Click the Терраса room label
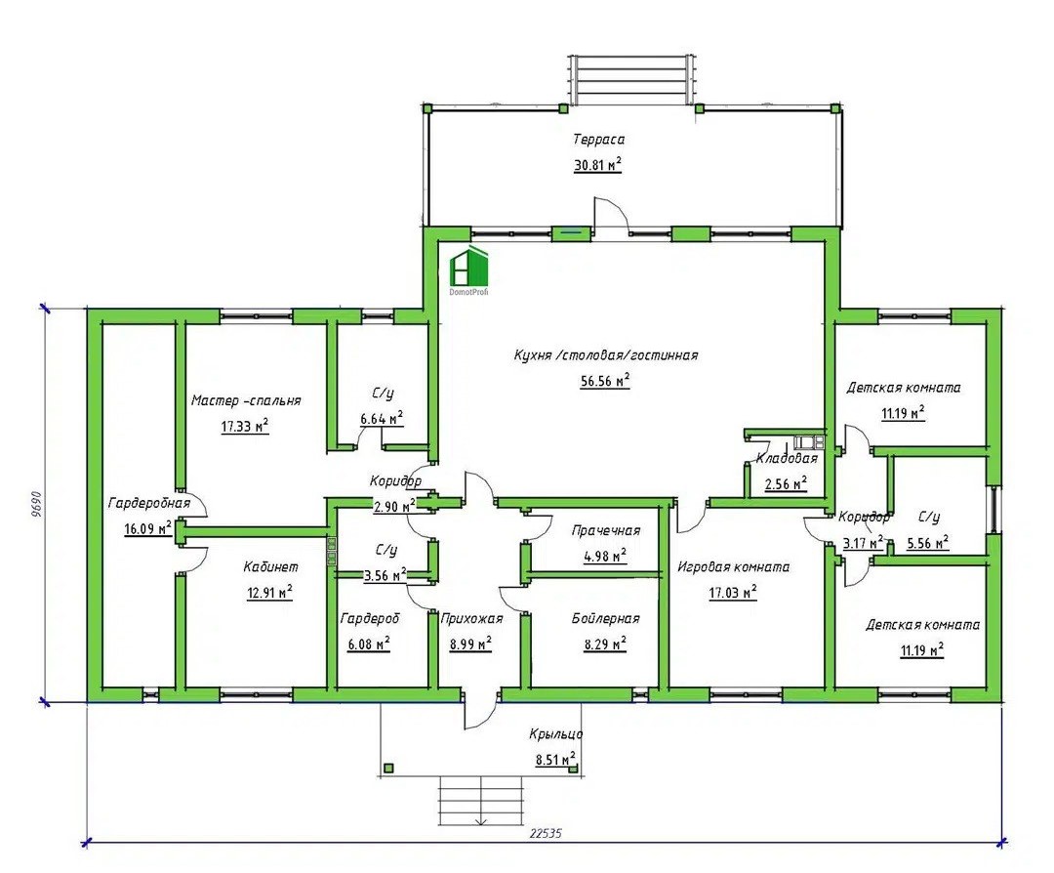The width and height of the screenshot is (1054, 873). click(x=599, y=140)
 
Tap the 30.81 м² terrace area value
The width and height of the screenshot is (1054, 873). click(x=597, y=164)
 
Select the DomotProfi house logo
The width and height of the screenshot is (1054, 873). click(x=468, y=270)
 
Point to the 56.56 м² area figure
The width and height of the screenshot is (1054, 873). click(x=605, y=381)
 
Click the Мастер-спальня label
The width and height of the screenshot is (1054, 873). click(x=246, y=400)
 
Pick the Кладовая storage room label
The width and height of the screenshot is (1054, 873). click(x=788, y=459)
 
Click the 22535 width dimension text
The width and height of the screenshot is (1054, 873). click(x=546, y=833)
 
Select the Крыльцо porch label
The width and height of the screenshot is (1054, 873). click(x=555, y=733)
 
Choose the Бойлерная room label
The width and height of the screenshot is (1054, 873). click(x=606, y=618)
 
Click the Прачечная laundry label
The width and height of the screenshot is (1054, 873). click(x=606, y=530)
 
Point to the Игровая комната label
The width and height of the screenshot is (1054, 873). click(x=733, y=567)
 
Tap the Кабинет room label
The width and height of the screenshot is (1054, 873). click(x=270, y=567)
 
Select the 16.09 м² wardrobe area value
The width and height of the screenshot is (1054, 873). click(x=148, y=528)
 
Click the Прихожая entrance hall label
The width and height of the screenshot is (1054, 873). click(x=471, y=618)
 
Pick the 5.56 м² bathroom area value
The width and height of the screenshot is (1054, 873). click(x=928, y=542)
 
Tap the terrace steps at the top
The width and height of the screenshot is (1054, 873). click(x=631, y=79)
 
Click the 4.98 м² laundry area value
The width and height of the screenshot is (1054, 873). click(x=605, y=556)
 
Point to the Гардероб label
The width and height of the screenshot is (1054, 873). click(x=370, y=618)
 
